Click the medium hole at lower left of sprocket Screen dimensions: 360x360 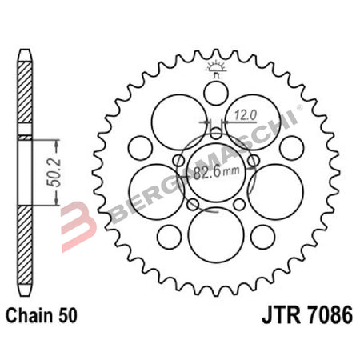coord(170,236)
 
